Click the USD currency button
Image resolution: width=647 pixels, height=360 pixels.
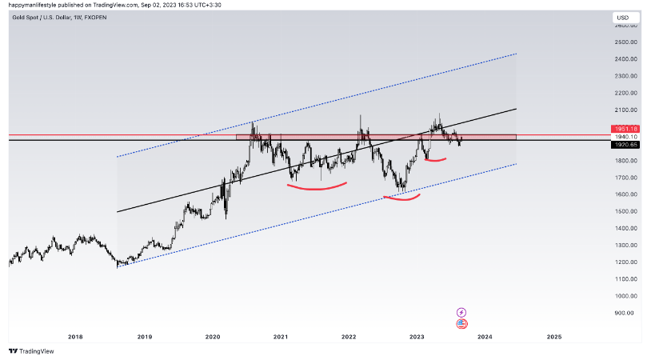click(x=621, y=18)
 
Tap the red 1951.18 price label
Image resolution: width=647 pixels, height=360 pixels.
click(x=625, y=129)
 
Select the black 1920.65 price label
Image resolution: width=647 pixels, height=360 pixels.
click(x=625, y=145)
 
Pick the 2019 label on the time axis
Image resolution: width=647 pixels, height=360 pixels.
click(x=144, y=337)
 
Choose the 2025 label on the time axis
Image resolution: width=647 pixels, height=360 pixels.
click(x=553, y=337)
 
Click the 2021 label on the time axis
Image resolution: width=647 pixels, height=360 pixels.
click(x=280, y=337)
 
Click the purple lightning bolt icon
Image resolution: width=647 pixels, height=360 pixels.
click(x=461, y=311)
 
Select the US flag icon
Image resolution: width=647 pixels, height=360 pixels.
click(x=461, y=324)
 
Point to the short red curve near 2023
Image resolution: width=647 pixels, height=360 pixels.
click(x=435, y=160)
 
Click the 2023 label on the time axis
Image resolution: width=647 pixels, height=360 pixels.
click(x=417, y=337)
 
